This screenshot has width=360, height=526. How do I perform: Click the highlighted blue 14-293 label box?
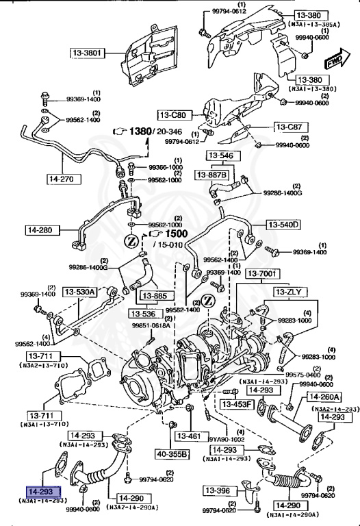click(44, 492)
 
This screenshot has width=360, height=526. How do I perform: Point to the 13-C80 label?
click(173, 115)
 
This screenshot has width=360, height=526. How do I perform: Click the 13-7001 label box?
click(263, 274)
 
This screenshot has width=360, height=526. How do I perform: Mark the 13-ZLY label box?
click(292, 292)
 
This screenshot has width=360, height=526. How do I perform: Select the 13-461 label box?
click(188, 436)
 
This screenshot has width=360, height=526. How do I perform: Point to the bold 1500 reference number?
click(165, 234)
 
